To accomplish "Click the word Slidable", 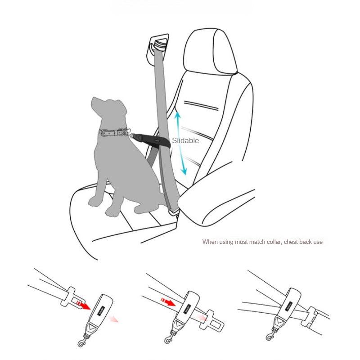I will coord(185,141).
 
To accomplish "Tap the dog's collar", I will coord(110,133).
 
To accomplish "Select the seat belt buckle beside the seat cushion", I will coord(173,210).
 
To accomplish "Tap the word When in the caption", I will coord(210,242).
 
